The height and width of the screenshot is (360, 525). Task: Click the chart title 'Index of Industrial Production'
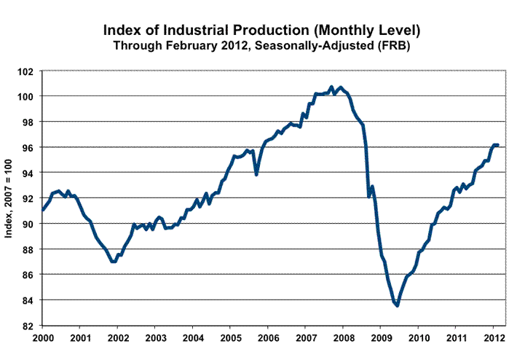coord(262,31)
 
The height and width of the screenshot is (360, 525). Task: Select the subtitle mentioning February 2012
coord(262,45)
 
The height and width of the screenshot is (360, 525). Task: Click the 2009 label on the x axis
coord(381,338)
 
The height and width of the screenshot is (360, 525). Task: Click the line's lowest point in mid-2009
coord(397,305)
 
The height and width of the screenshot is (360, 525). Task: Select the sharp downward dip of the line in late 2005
coord(256,174)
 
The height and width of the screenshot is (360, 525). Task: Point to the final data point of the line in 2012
coord(497,145)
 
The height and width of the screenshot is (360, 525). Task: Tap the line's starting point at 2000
coord(42,210)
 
